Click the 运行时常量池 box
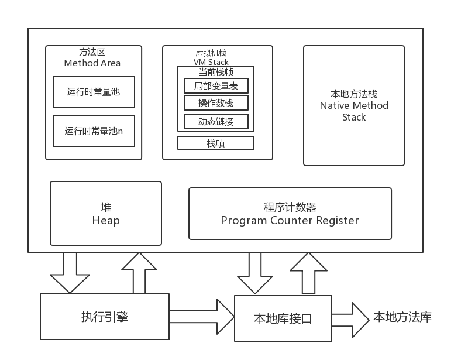tap(94, 91)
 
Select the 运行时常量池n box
tap(94, 131)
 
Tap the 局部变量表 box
tap(216, 86)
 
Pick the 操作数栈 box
tap(216, 103)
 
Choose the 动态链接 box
tap(216, 121)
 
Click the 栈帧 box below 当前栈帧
tap(216, 143)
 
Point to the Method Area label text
tap(92, 63)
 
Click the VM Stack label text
tap(211, 62)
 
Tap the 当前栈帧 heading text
tap(216, 72)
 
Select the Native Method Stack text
tap(354, 106)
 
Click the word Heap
tap(106, 221)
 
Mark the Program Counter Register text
tap(290, 221)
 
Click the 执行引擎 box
tap(105, 317)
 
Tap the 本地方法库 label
tap(402, 318)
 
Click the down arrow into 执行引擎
tap(69, 272)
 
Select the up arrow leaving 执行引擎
tap(139, 273)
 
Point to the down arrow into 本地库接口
tap(255, 273)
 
